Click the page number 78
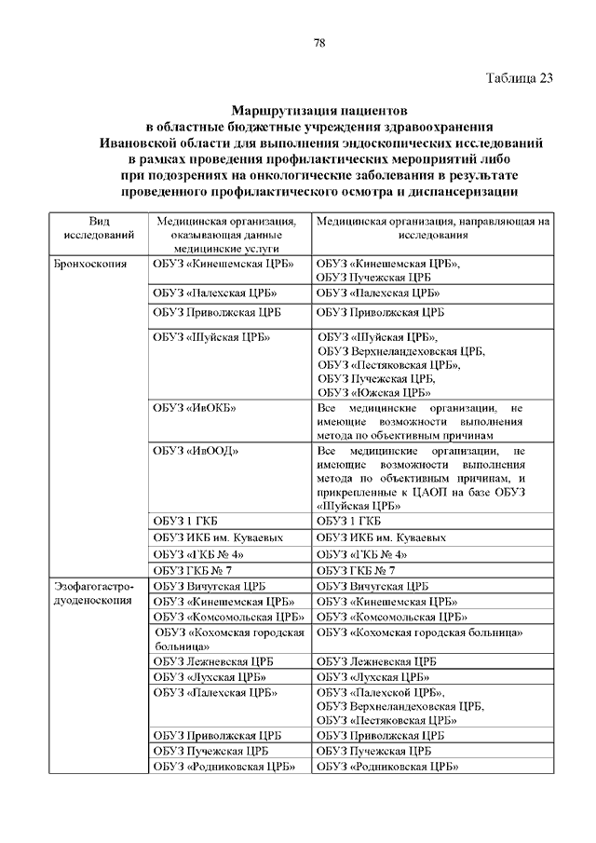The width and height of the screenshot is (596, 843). [319, 43]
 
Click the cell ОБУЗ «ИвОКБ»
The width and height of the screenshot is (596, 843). [195, 409]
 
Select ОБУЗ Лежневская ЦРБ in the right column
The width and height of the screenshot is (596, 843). [376, 660]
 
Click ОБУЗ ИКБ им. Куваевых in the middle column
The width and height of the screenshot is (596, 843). [217, 537]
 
